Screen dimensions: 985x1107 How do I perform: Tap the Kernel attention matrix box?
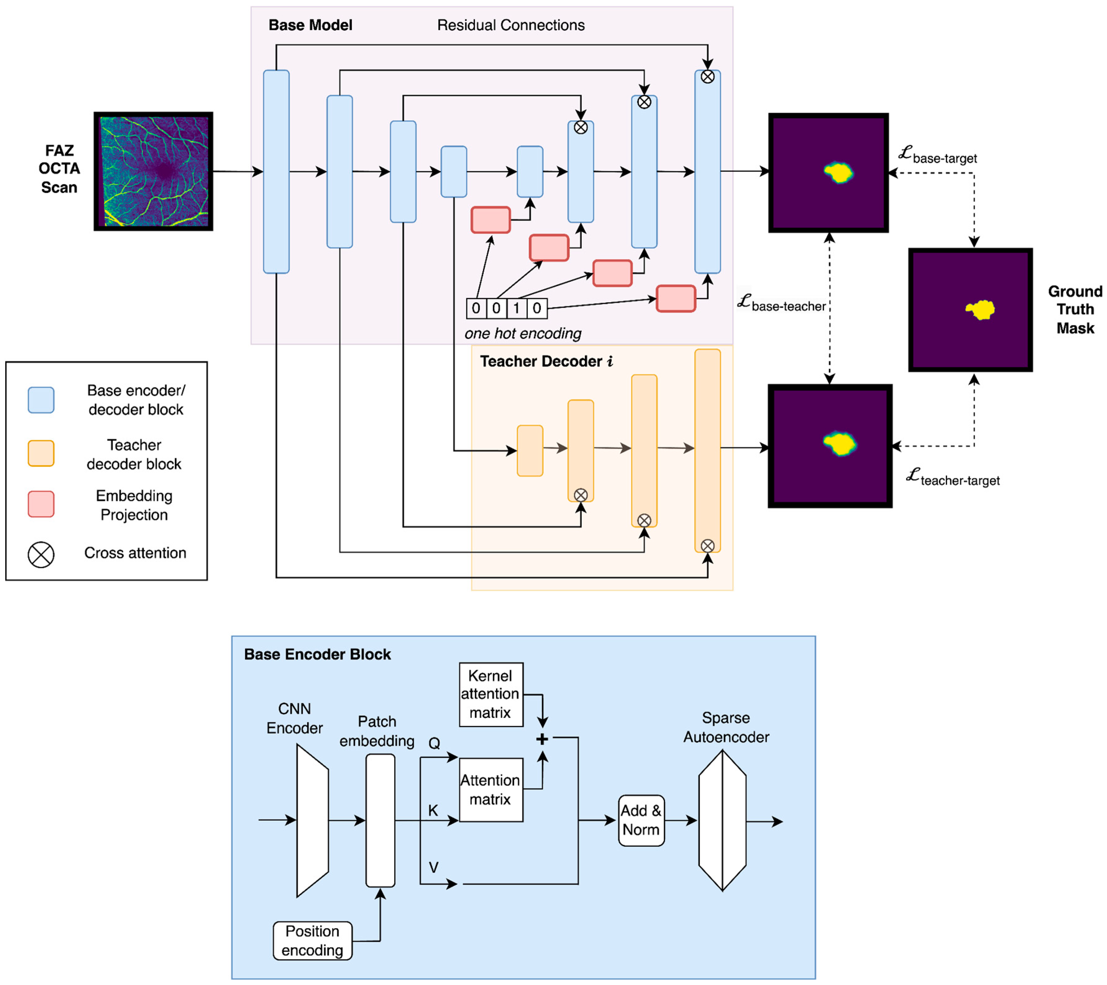tap(491, 694)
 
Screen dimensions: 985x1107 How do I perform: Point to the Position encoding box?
tap(312, 941)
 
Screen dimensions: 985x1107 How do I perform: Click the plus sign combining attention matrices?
tap(542, 739)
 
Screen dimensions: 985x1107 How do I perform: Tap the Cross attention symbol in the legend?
tap(41, 555)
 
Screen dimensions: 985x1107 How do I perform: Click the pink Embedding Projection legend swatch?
tap(41, 504)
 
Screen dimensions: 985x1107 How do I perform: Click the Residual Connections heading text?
tap(511, 25)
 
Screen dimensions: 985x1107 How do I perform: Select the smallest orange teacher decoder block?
tap(530, 451)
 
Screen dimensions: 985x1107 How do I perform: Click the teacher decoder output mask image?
tap(830, 446)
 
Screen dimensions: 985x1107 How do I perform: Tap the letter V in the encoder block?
tap(433, 867)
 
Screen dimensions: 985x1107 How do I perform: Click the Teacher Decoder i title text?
tap(546, 361)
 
